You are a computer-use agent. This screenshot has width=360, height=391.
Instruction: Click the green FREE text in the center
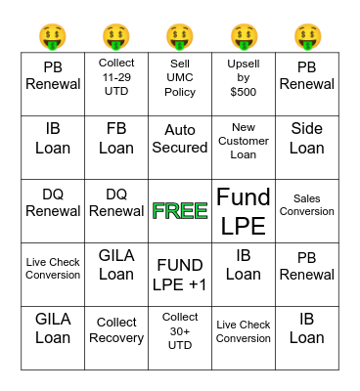180,211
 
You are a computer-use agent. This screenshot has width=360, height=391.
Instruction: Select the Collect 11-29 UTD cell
116,76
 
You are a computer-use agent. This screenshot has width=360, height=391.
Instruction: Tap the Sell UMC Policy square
180,77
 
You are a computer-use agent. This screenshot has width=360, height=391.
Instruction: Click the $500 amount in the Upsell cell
244,92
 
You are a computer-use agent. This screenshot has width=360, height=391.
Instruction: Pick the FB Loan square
116,138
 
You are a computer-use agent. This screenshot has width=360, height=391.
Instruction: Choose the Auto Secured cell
180,138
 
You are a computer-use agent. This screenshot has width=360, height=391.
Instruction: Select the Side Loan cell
307,138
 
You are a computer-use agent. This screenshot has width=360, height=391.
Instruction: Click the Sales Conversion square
307,204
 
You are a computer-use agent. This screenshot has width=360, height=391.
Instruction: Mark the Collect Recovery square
116,330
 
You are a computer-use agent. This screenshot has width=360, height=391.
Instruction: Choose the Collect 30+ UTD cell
180,330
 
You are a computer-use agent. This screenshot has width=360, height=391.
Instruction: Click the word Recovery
116,338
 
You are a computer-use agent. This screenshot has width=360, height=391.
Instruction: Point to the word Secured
180,148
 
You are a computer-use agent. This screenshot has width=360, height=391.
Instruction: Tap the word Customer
244,140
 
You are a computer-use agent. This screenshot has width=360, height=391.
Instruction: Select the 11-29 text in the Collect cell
116,76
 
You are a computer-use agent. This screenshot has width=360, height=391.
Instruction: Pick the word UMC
180,77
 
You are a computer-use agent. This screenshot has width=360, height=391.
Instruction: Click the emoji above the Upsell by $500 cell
244,37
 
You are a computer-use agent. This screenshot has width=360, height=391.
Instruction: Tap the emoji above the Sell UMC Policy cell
180,37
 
